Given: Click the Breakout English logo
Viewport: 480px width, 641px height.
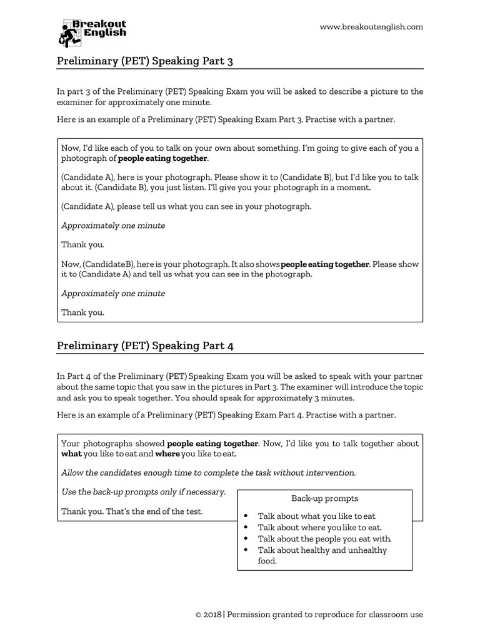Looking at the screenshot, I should point(92,32).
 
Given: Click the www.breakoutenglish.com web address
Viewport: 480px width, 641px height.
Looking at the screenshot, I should point(371,27).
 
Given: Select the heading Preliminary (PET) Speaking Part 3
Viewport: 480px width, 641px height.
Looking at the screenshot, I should point(145,61).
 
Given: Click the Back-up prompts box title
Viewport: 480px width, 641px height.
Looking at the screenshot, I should point(324,498).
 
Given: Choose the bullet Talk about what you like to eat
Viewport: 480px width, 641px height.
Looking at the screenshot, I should point(316,516).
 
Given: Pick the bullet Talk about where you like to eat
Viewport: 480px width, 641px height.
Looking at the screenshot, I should point(319,528).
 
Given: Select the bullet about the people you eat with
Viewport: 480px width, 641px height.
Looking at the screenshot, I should point(324,539).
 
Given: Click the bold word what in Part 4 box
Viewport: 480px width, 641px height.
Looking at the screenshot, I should point(71,454).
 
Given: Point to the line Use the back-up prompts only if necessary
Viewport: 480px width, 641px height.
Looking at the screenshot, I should point(144,492).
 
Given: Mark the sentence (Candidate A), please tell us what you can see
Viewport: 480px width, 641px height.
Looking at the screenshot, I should point(186,206).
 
